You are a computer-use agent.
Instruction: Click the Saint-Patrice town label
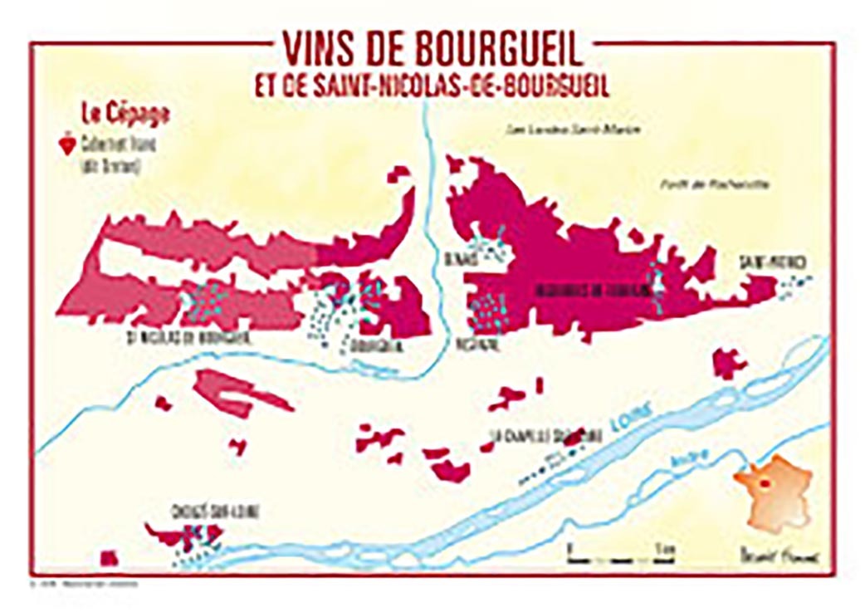(773, 264)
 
